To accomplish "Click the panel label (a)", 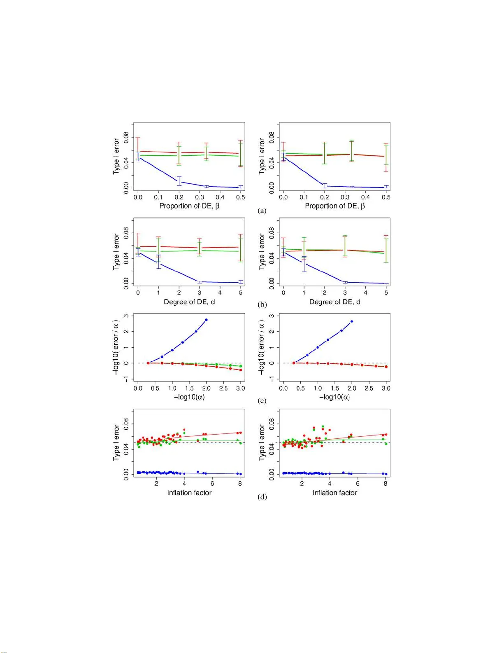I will [262, 211].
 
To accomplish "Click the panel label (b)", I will [262, 305].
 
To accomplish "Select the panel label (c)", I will [262, 401].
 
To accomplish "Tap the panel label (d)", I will [262, 497].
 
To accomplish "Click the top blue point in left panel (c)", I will [206, 320].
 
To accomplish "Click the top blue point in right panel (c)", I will [352, 321].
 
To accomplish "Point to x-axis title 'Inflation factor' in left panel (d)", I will [189, 493].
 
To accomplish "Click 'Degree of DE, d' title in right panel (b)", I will [334, 302].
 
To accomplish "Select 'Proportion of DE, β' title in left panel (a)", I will [189, 206].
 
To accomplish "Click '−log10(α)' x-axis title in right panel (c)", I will [334, 397].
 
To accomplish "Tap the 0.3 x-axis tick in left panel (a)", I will [200, 197].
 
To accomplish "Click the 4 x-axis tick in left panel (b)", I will [220, 293].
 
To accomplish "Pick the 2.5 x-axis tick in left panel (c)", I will [223, 388].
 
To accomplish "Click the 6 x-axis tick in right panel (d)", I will [358, 483].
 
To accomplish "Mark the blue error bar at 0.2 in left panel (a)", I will [179, 181].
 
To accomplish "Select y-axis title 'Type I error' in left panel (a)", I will [116, 157].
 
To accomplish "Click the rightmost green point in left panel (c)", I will [241, 366].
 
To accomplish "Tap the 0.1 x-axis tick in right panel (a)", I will [304, 197].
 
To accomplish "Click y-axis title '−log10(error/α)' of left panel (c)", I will [116, 348].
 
